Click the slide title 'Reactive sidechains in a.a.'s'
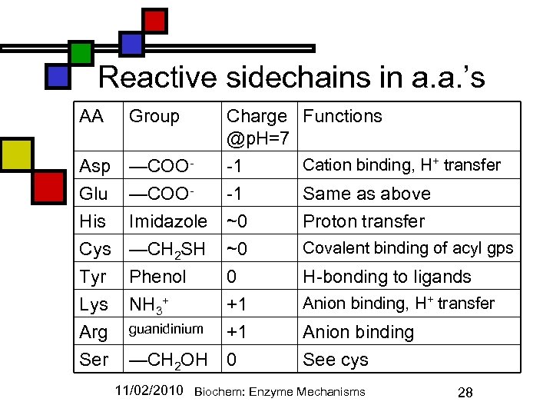coord(292,78)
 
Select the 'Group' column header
coord(154,117)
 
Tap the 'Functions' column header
coord(342,117)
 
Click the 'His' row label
coord(92,221)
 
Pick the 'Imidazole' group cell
coord(167,221)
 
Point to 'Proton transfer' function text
coord(363,221)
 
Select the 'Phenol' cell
coord(157,277)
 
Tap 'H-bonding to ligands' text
coord(387,277)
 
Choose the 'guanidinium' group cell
coord(165,329)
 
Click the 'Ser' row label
coord(94,360)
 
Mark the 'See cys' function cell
coord(336,360)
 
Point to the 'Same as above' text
coord(366,194)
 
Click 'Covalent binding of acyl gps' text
coord(408,248)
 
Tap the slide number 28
coord(465,393)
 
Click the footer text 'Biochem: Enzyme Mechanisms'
coord(280,392)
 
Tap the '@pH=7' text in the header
coord(257,140)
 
